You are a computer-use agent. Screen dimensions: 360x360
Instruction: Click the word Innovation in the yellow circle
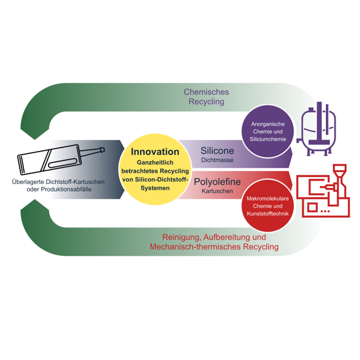click(155, 152)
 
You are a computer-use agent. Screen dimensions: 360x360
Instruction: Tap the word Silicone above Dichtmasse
click(218, 150)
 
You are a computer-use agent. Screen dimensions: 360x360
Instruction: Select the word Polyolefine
click(217, 182)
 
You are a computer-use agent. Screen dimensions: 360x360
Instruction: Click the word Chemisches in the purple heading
click(206, 91)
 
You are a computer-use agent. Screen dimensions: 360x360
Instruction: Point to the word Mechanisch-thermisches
click(194, 247)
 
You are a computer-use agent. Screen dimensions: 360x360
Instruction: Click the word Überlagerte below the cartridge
click(31, 182)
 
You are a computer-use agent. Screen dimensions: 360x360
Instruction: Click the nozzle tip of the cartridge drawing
click(103, 150)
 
